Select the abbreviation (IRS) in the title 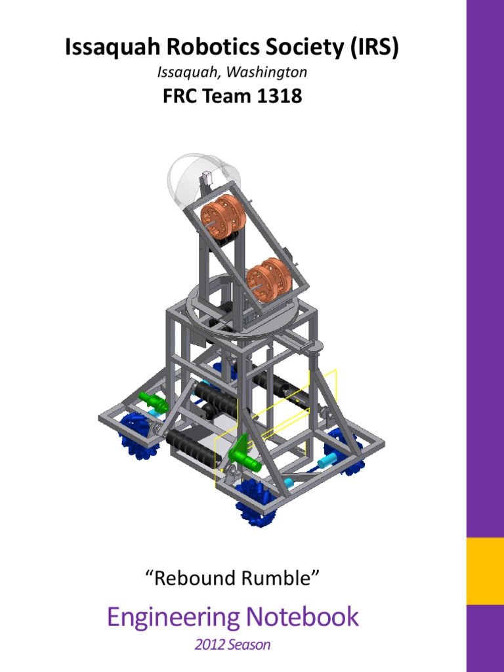click(x=371, y=49)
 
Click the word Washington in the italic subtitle click(x=271, y=72)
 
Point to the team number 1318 click(x=278, y=96)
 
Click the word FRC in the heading click(x=178, y=96)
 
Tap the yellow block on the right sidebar click(x=485, y=571)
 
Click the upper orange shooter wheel click(x=222, y=216)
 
